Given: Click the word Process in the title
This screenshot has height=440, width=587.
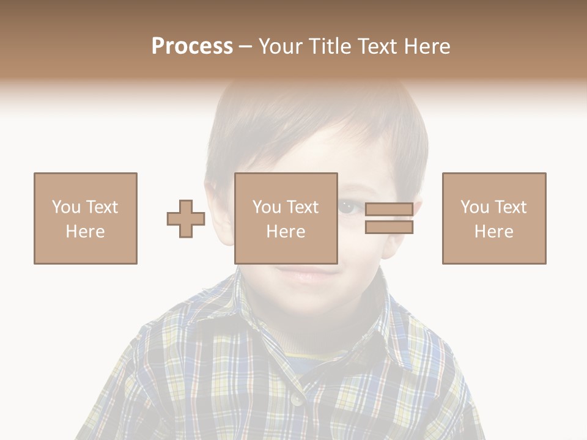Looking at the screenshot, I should [192, 46].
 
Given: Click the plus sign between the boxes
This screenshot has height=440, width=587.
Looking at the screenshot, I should [186, 219].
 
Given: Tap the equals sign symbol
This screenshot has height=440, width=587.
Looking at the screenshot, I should [389, 219].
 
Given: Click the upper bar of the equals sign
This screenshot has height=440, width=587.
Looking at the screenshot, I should [389, 210].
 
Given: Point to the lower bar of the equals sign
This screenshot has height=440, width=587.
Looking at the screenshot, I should [389, 227].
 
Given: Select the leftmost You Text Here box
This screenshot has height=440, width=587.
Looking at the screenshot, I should [86, 219].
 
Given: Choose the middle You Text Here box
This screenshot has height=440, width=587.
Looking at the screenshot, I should [286, 219].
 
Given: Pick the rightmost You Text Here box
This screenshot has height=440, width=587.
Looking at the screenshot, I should [494, 219].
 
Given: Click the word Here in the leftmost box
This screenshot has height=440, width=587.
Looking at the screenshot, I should [86, 232].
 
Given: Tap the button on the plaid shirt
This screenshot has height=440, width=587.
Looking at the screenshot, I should [297, 399].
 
